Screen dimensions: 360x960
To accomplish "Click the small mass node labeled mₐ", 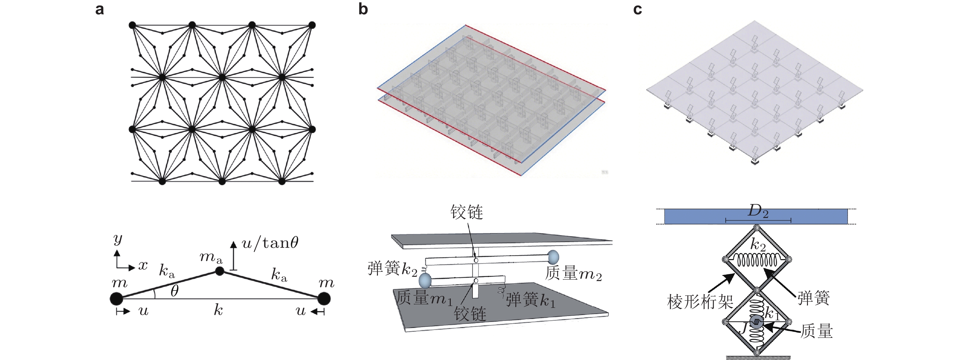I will coord(219,271).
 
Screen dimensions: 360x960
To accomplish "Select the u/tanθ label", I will coord(270,243).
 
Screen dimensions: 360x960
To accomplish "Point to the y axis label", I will coord(118,239).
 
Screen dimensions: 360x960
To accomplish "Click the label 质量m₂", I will coord(573,273).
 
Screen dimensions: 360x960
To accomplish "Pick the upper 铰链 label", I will coord(467,212).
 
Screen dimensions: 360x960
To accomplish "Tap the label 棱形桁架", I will coord(700,301).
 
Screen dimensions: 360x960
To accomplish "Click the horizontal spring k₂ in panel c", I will coord(756,259).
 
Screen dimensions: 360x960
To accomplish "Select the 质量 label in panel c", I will coord(816,331).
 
